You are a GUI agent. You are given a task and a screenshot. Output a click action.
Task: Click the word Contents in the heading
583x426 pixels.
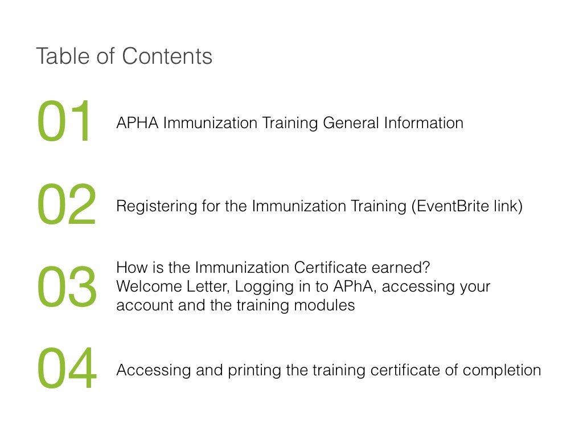point(167,56)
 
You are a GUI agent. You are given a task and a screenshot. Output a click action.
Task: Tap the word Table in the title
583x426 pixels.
point(63,56)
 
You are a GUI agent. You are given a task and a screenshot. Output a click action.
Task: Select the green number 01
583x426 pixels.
point(64,121)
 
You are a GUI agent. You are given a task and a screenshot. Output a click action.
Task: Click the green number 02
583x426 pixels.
point(67,204)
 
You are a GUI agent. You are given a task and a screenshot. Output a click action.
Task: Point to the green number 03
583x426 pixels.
point(67,286)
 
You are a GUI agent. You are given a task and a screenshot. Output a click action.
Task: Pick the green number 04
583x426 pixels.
point(67,368)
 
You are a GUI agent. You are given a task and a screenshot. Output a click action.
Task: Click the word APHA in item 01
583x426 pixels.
point(138,123)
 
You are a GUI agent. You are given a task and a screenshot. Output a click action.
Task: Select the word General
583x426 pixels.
point(351,123)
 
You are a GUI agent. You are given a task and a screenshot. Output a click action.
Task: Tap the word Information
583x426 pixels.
point(424,123)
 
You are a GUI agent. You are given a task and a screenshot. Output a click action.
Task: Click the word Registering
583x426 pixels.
point(157,207)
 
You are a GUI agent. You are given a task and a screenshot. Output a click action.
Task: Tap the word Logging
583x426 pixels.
point(264,287)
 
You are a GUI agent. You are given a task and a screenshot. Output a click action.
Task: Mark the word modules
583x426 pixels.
point(324,305)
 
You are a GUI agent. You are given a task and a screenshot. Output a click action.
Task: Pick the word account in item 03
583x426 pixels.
point(145,305)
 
